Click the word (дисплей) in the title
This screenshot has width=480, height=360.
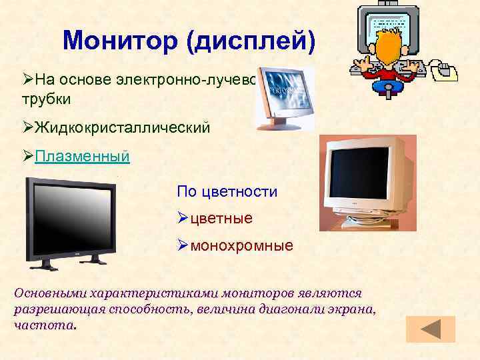(251, 41)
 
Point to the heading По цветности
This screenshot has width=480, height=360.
(227, 192)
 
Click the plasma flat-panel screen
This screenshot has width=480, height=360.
(70, 216)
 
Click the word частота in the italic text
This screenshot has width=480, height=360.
(44, 327)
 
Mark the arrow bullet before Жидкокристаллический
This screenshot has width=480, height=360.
(28, 127)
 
